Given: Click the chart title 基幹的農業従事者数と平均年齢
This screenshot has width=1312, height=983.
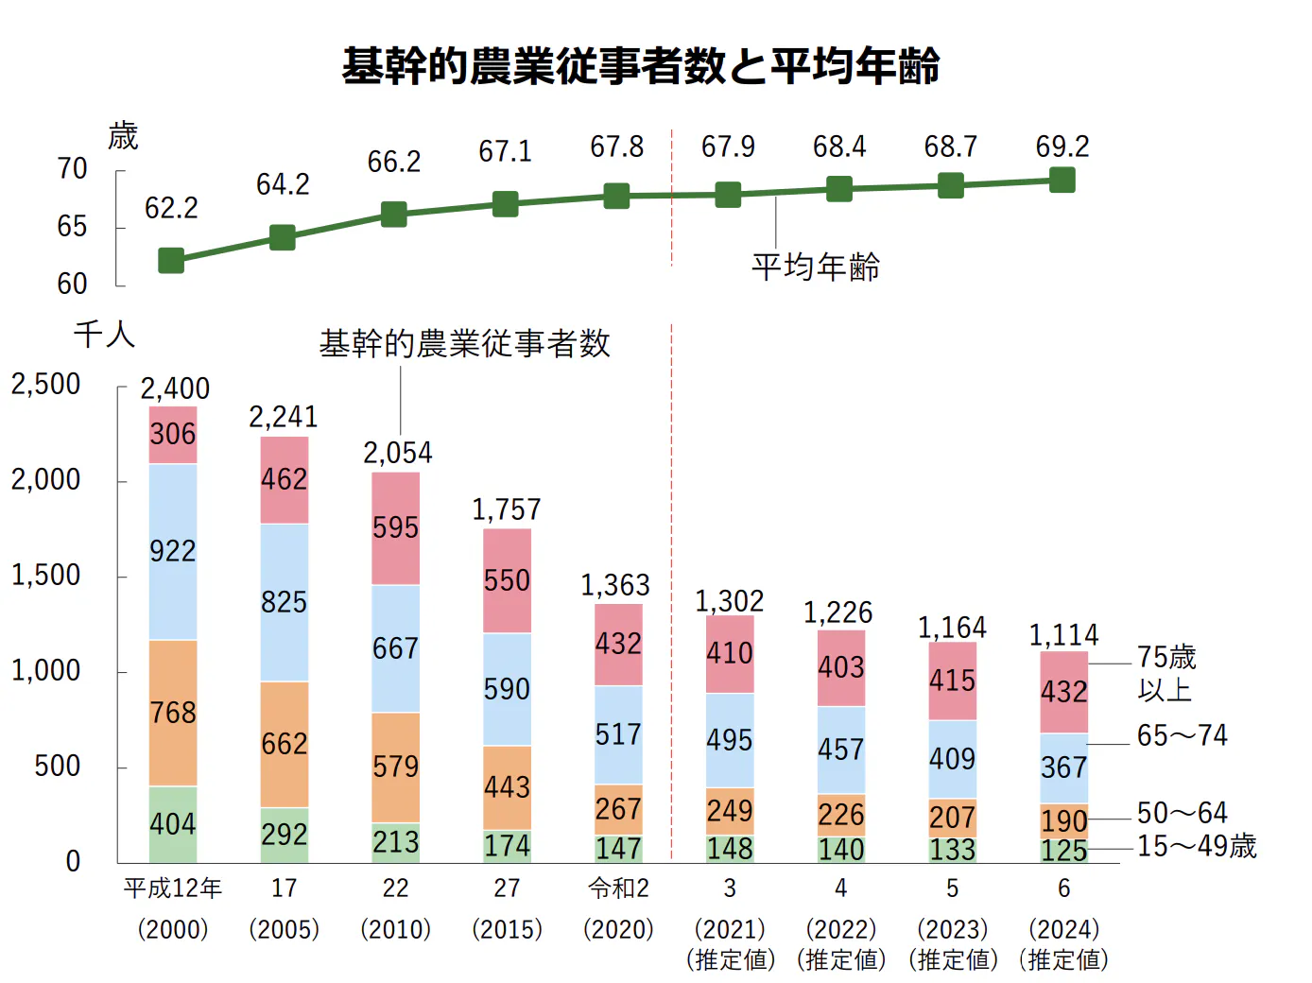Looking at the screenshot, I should (x=641, y=66).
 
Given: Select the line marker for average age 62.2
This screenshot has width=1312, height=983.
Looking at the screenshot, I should (x=171, y=260).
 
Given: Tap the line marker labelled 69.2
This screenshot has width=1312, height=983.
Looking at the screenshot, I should (x=1062, y=180).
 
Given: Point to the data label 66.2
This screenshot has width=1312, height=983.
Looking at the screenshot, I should (x=394, y=162).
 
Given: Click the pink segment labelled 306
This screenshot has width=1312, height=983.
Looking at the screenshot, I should (x=173, y=435).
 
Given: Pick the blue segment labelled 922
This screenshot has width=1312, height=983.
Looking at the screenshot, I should (x=173, y=551).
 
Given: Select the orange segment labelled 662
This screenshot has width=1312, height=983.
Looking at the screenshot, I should (x=285, y=744).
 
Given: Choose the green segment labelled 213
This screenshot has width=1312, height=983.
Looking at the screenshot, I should (x=395, y=842).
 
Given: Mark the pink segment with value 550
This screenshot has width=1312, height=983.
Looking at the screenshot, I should (x=507, y=580).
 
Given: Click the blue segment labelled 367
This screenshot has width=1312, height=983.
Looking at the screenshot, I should (x=1064, y=767).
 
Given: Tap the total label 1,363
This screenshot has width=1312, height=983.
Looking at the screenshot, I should (x=615, y=585).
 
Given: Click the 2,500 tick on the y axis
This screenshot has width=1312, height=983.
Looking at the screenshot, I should (x=45, y=385).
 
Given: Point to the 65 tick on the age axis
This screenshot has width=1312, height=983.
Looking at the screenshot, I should (x=72, y=227).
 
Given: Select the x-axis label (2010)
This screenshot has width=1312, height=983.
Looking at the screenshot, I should (x=395, y=929).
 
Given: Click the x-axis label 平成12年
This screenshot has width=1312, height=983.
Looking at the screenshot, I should (x=173, y=888).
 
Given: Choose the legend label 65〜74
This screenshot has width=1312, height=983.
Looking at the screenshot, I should (x=1182, y=735).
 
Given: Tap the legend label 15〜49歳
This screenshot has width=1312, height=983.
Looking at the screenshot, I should (x=1197, y=846).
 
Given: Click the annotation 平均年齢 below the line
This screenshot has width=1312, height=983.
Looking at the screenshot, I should (x=816, y=267).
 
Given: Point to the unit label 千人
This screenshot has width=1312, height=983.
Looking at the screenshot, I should (x=104, y=335).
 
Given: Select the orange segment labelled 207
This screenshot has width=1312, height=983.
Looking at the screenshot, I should (x=952, y=817).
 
